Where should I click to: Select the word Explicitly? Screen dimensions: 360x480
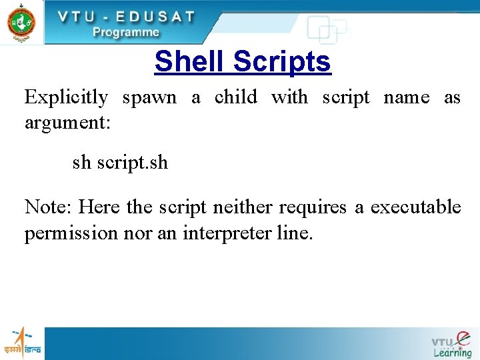(x=66, y=98)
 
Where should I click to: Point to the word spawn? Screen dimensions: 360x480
(x=149, y=98)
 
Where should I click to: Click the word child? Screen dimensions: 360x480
(x=235, y=97)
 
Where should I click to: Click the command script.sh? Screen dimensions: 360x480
(x=132, y=162)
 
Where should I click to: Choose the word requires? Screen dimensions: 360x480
(x=313, y=208)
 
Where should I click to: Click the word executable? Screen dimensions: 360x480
(x=415, y=207)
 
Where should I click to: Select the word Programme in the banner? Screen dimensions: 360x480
(x=126, y=31)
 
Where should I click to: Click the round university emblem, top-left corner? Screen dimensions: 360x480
(x=21, y=22)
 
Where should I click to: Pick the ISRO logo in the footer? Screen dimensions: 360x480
(x=22, y=343)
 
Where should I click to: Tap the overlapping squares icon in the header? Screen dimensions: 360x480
(x=326, y=29)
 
